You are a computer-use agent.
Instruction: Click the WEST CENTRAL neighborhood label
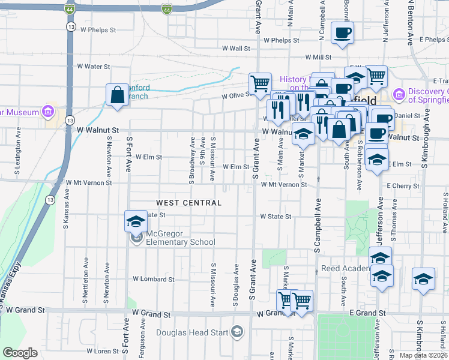coord(189,203)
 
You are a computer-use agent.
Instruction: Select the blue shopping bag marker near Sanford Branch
coord(116,95)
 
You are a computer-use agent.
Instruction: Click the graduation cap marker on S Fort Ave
coord(136,222)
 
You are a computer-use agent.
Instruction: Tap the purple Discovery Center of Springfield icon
coord(398,95)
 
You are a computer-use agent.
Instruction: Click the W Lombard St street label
coord(153,279)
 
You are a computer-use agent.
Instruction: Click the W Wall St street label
coord(235,49)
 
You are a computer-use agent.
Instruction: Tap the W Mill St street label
coord(318,58)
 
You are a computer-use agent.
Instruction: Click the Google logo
coord(20,353)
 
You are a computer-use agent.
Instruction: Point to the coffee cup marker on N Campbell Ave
coord(342,32)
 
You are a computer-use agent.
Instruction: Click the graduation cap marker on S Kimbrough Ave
coord(423,279)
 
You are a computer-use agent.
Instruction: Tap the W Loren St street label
coord(102,351)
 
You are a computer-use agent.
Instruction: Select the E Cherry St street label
coord(403,187)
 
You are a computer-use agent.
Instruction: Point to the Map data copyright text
coord(423,355)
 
